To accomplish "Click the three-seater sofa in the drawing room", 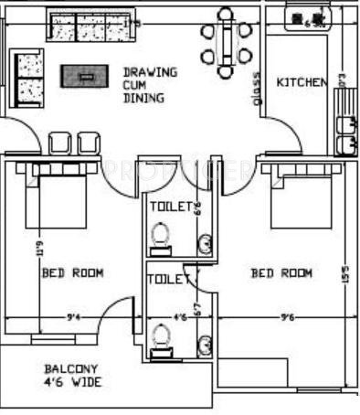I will [86, 28].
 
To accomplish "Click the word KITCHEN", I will [301, 83].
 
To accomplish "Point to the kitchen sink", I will [346, 134].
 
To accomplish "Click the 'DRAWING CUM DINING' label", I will [150, 83].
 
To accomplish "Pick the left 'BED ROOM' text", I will [72, 272].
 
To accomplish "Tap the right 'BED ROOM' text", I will [281, 273].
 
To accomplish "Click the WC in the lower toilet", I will [162, 339].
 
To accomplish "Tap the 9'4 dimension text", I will [74, 317].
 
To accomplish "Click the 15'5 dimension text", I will [344, 273].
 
